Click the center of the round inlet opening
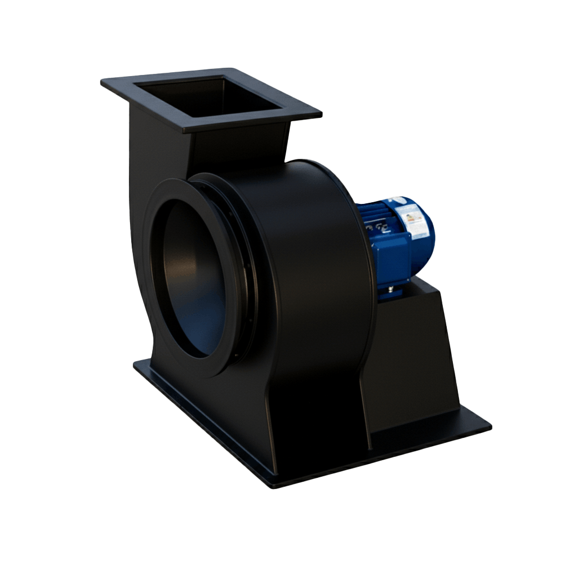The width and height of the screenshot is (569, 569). (192, 278)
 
